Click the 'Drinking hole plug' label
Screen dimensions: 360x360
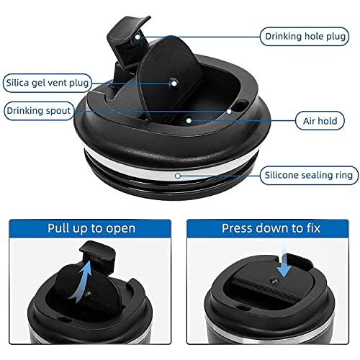click(x=305, y=37)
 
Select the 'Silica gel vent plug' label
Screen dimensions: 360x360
click(x=48, y=83)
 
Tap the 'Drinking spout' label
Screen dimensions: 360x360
click(x=39, y=111)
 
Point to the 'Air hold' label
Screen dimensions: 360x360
click(x=320, y=121)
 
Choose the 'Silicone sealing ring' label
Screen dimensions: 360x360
click(x=309, y=175)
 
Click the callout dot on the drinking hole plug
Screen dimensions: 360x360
click(x=138, y=37)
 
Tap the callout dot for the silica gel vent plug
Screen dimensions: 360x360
click(x=174, y=84)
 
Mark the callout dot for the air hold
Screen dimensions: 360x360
click(x=189, y=121)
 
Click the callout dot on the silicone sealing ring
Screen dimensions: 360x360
click(x=178, y=176)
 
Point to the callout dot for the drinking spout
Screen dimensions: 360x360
click(x=229, y=112)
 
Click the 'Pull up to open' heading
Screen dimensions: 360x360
click(x=91, y=228)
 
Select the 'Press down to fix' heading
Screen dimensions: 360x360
click(x=271, y=228)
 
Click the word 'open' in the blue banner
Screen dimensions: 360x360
click(x=121, y=229)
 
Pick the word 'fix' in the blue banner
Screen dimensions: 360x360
click(x=313, y=228)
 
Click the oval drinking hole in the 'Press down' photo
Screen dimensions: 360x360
click(x=240, y=307)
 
